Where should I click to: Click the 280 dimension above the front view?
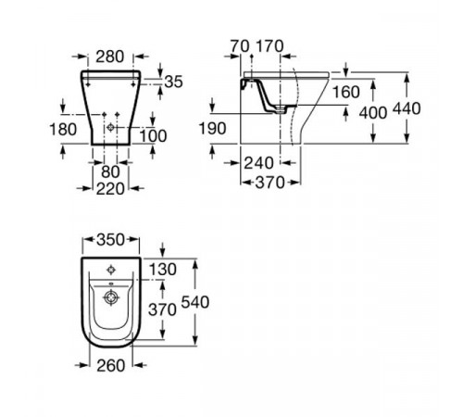[109, 57]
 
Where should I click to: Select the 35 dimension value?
[173, 82]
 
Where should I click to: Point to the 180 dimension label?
[63, 129]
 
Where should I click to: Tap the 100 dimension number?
[154, 135]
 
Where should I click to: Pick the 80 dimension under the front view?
[110, 172]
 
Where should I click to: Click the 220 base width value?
[110, 189]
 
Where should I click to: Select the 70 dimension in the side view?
[240, 46]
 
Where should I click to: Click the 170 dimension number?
[269, 46]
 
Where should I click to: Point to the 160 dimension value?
[346, 92]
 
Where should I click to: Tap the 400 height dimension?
[373, 113]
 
